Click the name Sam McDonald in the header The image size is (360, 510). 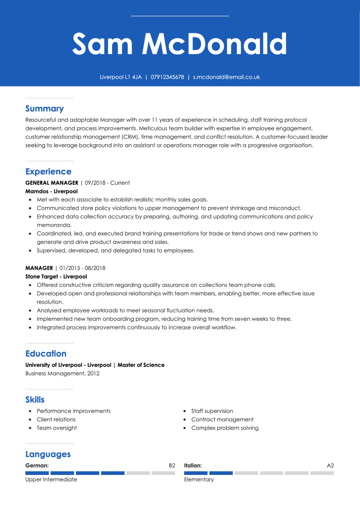pos(180,44)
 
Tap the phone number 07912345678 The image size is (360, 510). pos(167,77)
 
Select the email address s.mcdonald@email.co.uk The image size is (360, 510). pos(226,77)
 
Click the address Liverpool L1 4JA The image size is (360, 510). pos(120,77)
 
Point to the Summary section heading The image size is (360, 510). pos(44,109)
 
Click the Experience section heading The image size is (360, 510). pos(48,171)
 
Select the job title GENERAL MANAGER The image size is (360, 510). pos(52,183)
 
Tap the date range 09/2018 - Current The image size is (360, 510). pos(107,183)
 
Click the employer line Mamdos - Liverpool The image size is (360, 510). pos(51,191)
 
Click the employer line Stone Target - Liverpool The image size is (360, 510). pos(56,277)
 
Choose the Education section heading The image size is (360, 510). pos(46,353)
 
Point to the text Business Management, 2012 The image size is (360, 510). pos(62,373)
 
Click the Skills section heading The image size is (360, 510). pos(35,400)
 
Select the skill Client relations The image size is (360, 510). pos(56,419)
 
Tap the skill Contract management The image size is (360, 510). pos(222,419)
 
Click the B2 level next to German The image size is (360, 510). pos(172,466)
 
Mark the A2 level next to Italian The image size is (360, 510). pos(330,466)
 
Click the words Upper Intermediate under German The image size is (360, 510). pos(51,480)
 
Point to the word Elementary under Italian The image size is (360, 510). pos(198,480)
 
